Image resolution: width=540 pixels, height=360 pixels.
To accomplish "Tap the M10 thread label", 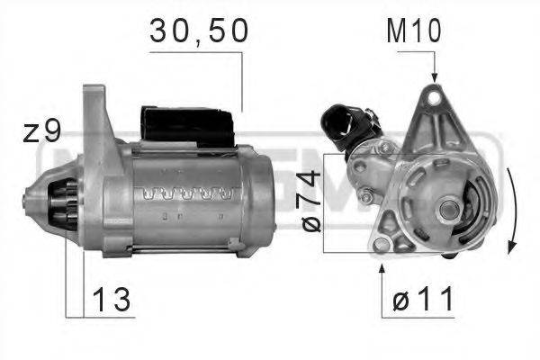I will tap(413, 33).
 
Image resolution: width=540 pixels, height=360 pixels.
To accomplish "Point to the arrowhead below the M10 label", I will tap(434, 76).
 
